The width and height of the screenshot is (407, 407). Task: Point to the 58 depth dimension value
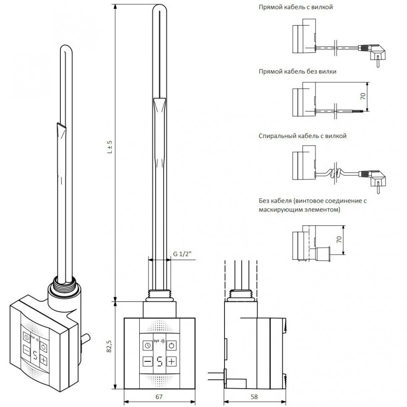[255, 397]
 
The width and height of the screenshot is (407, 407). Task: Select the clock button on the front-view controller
[147, 345]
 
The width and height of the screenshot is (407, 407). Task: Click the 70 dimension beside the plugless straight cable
[363, 96]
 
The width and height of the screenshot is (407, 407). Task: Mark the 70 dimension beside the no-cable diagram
[340, 240]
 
